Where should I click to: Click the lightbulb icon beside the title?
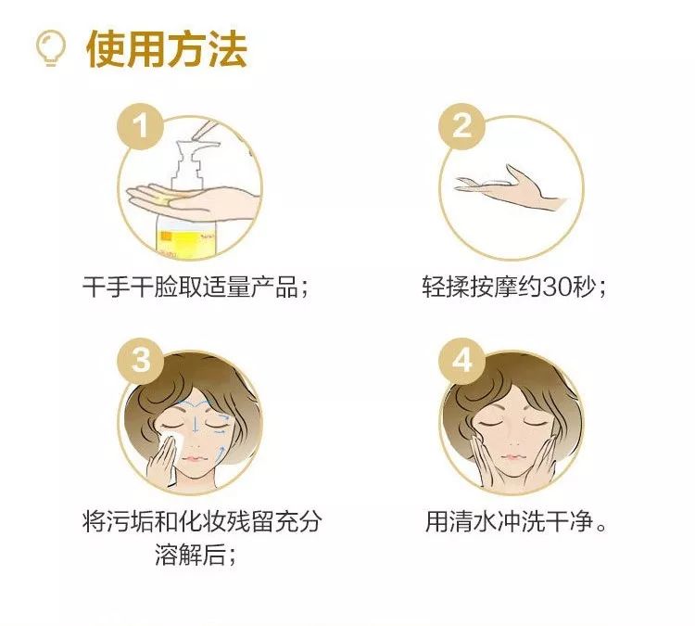coord(51,47)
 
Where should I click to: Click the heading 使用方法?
coord(167,49)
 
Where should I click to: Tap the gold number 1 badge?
coord(141,126)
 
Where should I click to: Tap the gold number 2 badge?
coord(461,126)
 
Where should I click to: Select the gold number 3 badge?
coord(141,360)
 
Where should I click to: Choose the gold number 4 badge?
coord(461,360)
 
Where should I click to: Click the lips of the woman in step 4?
coord(511,456)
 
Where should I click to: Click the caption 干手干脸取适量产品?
coord(190,287)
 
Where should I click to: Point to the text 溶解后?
coord(190,555)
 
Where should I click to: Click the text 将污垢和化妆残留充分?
coord(202,521)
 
